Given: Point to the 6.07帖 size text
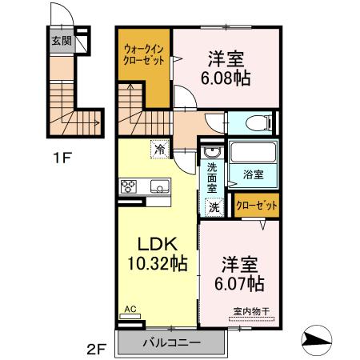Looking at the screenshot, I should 238,284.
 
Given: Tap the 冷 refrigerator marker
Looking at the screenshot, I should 159,149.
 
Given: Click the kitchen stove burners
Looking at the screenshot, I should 129,187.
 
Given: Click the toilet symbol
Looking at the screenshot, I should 258,123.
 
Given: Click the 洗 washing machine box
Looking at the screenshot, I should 214,206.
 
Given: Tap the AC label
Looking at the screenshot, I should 130,306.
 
